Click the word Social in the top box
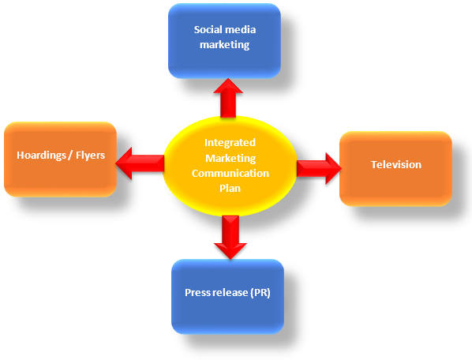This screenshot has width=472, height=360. pos(207,29)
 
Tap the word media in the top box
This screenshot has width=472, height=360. pos(240,29)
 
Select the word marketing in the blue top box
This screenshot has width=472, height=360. pos(225,45)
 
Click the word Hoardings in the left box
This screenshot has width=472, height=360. pos(41,156)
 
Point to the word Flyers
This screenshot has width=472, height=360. pos(90,156)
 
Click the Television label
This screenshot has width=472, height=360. pos(396,165)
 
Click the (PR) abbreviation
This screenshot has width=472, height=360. pos(260,293)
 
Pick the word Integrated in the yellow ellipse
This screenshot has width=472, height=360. pos(230,143)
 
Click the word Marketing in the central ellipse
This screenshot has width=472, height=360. pos(230,158)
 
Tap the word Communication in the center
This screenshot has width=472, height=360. pos(230,173)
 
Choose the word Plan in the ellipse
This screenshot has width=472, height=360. pos(230,188)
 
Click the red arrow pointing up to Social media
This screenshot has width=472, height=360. pos(228,98)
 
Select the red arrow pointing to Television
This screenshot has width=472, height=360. pos(319,168)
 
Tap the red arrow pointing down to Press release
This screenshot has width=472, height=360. pos(230,237)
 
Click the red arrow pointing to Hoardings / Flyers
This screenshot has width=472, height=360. pos(140,163)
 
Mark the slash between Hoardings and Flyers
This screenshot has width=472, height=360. pos(70,156)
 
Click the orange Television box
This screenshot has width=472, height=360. pos(395,169)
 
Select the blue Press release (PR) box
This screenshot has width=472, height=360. pos(227,297)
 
